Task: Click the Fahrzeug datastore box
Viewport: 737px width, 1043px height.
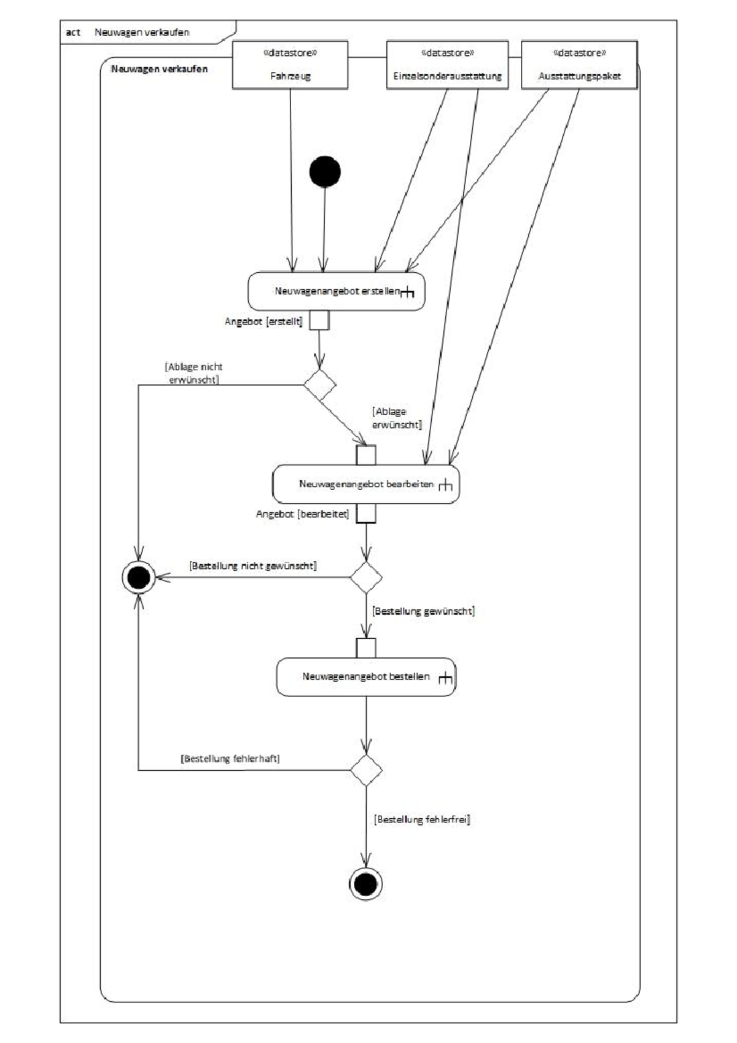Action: click(x=290, y=65)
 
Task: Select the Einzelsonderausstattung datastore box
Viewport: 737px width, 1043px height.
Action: click(x=447, y=65)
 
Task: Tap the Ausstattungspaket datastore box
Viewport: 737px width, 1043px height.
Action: click(x=579, y=65)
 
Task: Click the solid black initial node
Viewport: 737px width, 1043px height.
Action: click(x=325, y=171)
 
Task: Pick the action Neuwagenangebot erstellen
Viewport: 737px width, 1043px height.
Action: click(x=337, y=291)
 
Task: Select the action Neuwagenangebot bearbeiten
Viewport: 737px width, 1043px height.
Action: click(x=365, y=484)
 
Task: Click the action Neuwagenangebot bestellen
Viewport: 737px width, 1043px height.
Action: click(x=366, y=677)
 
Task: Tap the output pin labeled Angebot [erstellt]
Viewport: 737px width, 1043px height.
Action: click(x=319, y=320)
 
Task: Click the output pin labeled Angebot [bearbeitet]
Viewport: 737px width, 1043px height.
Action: click(x=366, y=514)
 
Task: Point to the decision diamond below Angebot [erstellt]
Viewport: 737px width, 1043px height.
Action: click(x=320, y=385)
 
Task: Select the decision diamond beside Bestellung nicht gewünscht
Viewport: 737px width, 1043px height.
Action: click(x=366, y=577)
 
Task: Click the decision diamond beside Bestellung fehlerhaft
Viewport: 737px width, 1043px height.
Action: click(x=366, y=770)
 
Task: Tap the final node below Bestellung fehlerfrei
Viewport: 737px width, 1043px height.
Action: click(x=366, y=885)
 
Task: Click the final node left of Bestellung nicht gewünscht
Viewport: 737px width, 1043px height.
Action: click(x=138, y=577)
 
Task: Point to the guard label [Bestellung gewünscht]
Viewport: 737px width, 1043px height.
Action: click(x=423, y=611)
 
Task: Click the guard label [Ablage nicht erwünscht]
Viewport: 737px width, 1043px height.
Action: click(x=194, y=373)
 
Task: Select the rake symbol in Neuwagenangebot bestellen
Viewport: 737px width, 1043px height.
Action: click(x=445, y=678)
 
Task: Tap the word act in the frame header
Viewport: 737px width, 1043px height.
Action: click(x=73, y=33)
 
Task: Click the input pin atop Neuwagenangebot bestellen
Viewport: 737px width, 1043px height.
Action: click(x=366, y=648)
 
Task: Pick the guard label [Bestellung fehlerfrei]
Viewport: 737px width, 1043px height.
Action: click(x=421, y=819)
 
